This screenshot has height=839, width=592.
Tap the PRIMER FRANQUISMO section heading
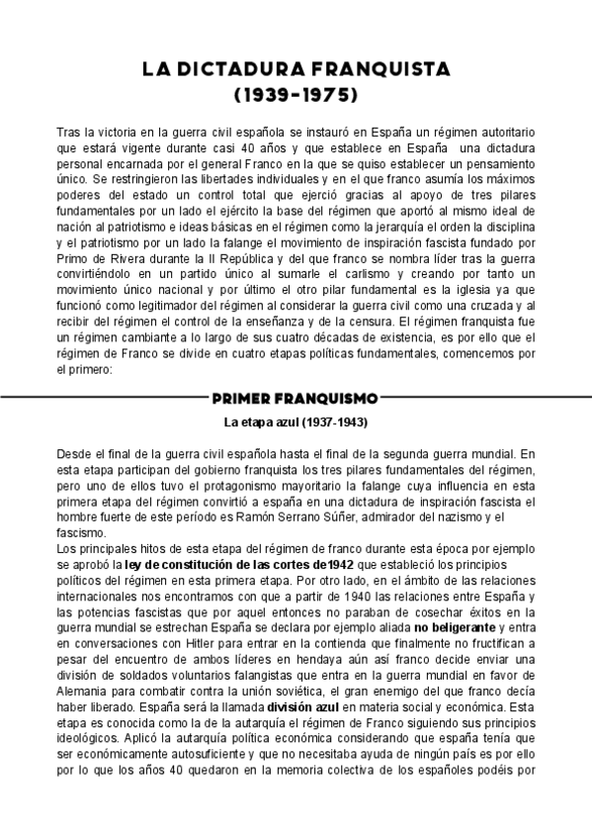pos(296,399)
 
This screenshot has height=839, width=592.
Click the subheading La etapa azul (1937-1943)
pos(296,423)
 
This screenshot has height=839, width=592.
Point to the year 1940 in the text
pos(289,596)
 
